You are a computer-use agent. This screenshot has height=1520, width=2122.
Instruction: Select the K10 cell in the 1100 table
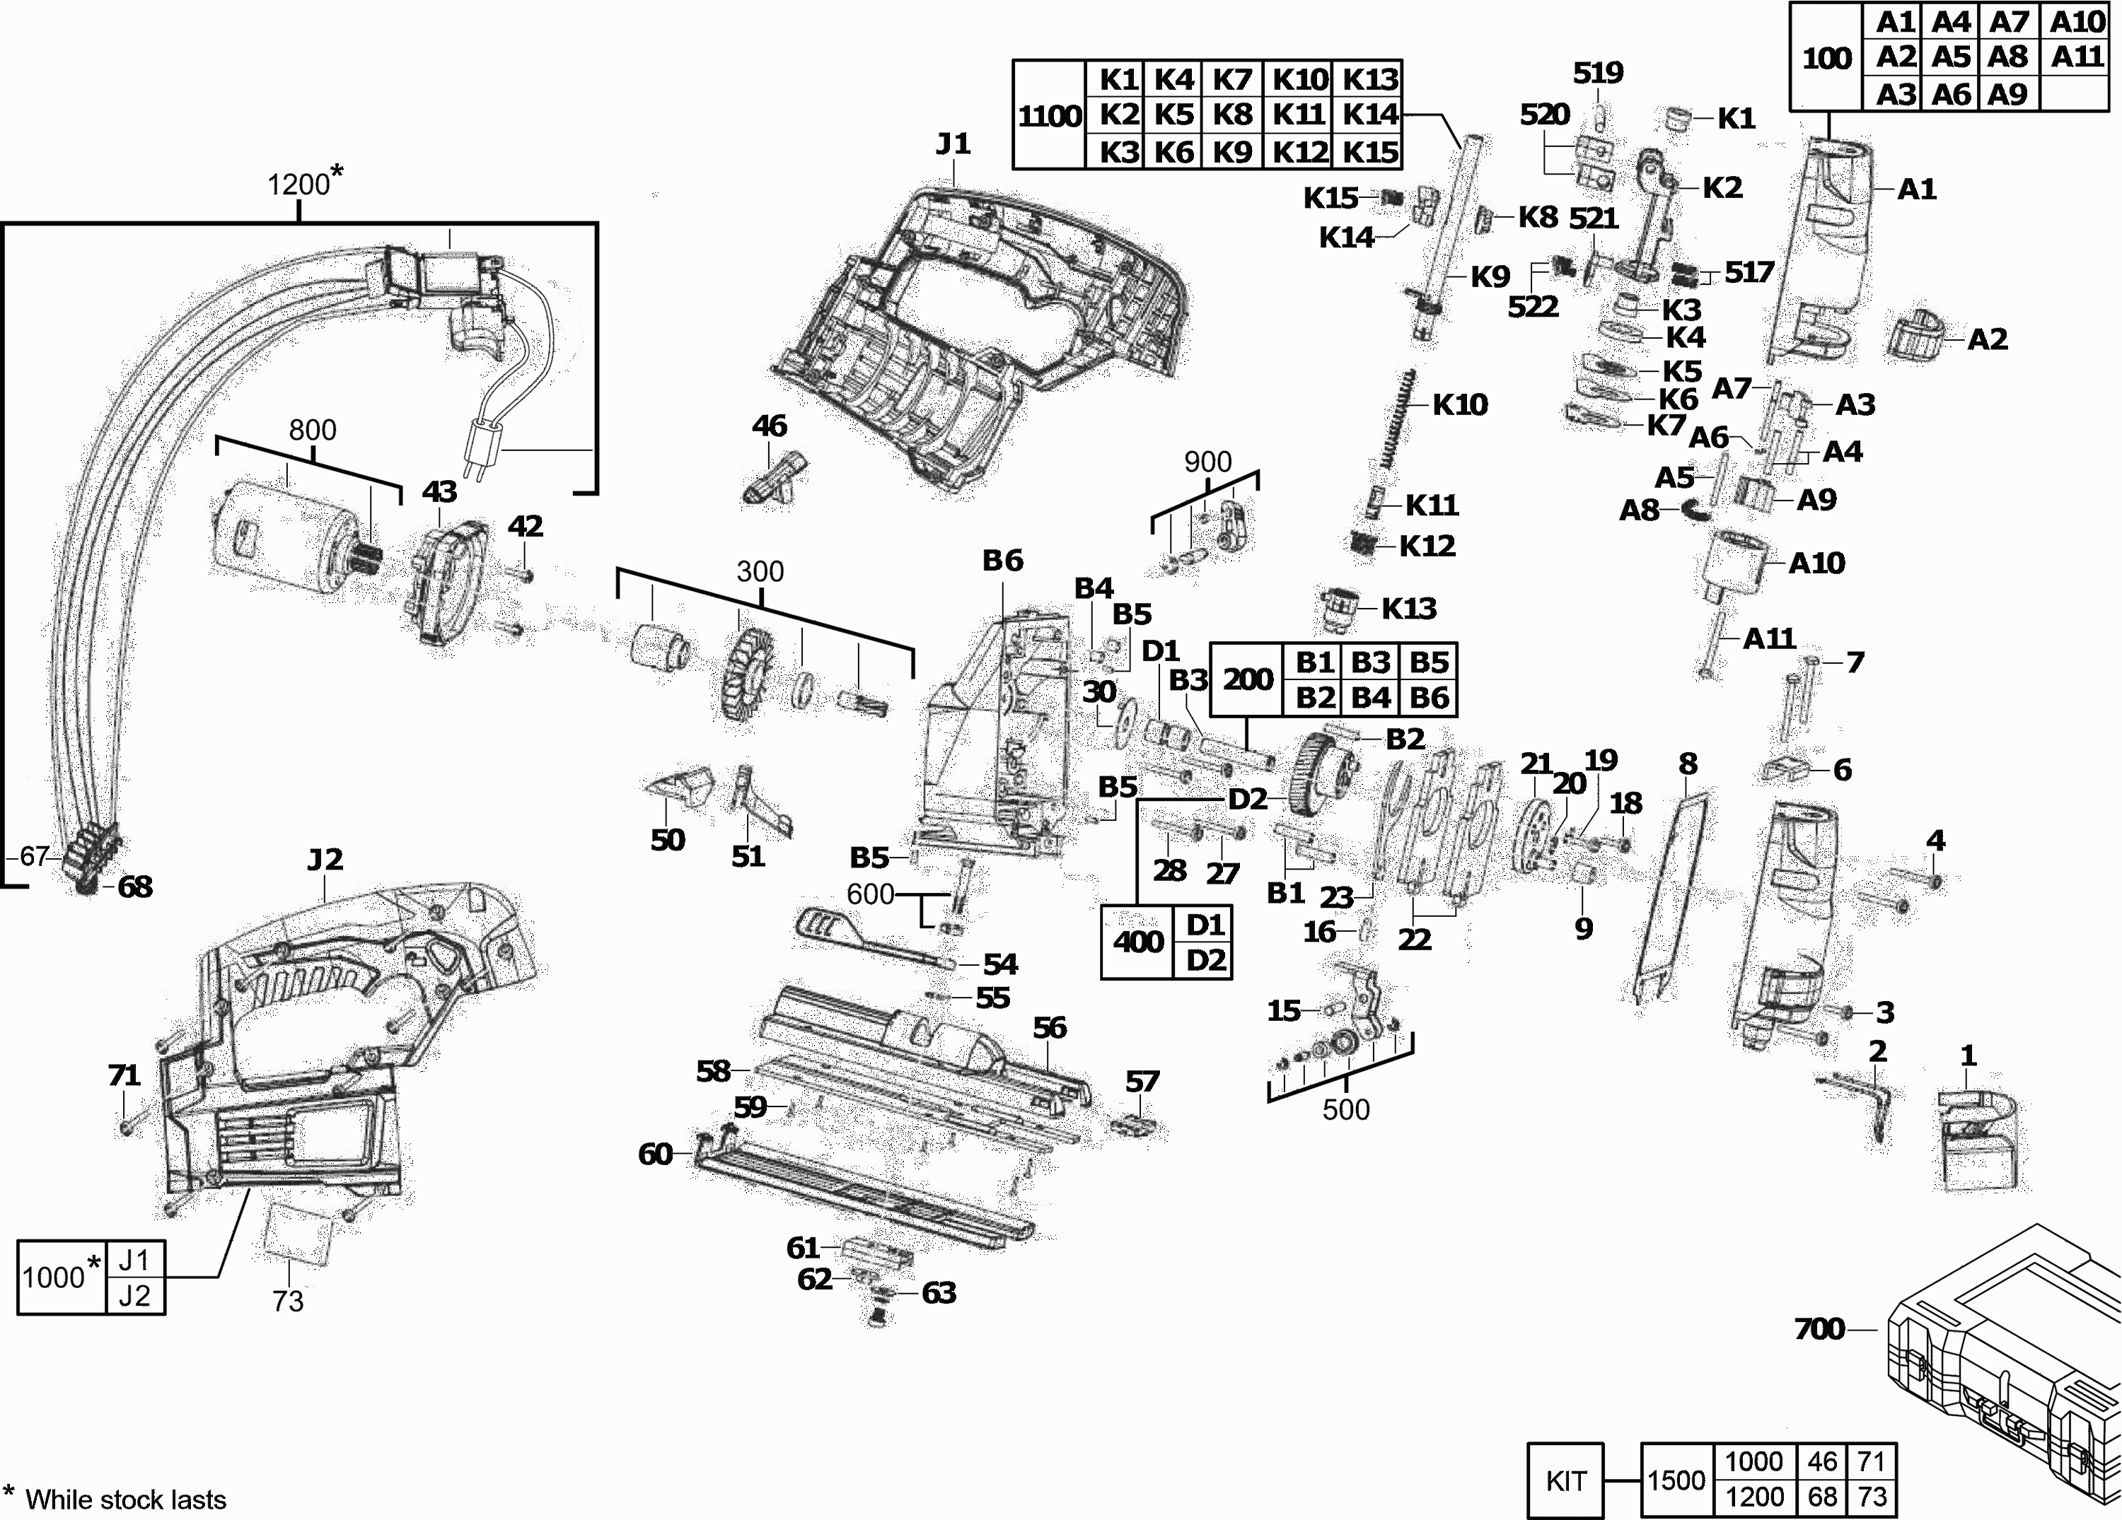(1299, 79)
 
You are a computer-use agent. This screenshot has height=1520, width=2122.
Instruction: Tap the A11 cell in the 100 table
(2077, 57)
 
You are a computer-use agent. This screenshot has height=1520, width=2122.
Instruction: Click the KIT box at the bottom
(1565, 1480)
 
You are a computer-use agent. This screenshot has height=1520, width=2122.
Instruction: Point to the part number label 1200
(298, 185)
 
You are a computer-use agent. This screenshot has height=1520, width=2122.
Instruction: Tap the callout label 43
(439, 492)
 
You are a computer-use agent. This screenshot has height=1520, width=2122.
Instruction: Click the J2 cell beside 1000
(134, 1295)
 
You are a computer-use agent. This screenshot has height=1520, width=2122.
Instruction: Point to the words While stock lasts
(125, 1499)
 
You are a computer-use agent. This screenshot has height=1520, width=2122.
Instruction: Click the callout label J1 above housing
(953, 144)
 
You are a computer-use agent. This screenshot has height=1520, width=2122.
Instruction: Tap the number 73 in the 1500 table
(1872, 1497)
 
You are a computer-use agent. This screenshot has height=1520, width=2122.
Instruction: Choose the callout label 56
(1049, 1028)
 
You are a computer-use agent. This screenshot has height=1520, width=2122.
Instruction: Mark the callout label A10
(1816, 563)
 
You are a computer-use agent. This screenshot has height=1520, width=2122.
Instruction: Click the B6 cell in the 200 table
(1429, 698)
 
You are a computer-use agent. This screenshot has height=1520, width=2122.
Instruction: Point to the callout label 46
(769, 426)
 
